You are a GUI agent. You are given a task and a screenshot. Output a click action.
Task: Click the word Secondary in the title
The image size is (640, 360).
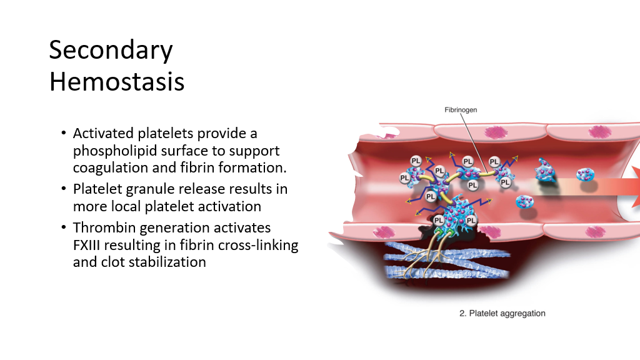pos(111,50)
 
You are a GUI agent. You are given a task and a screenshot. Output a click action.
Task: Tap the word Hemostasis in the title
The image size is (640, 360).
pos(117,82)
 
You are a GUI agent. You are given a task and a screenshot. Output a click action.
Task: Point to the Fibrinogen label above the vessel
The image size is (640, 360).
pos(461,110)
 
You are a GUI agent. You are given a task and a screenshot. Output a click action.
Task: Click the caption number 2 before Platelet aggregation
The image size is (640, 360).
pos(462,314)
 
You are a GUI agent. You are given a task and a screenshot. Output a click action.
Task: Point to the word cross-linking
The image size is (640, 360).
pos(259,246)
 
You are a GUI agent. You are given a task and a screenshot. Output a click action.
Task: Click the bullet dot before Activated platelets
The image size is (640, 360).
pos(63,132)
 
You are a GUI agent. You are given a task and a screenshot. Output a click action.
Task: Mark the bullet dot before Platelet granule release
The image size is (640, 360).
pos(63,189)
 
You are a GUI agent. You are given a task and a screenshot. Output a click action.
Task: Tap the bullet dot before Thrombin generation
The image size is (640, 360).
pos(63,227)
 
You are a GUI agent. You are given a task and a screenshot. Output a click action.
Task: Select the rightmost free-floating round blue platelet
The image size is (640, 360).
pos(585,175)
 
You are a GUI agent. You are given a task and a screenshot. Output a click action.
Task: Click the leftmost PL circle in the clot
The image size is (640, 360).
pos(404,178)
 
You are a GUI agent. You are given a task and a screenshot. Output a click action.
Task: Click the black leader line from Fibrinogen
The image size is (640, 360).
pos(474,143)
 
